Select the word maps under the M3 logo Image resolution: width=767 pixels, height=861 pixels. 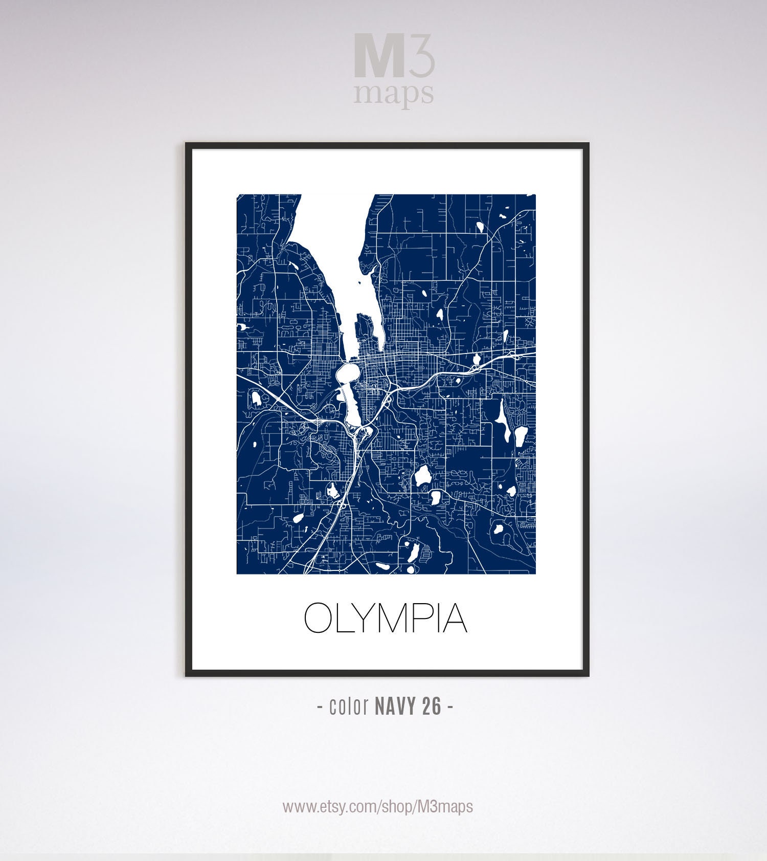coord(394,94)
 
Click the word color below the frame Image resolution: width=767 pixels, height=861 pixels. coord(349,707)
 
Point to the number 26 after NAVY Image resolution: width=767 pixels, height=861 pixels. coord(432,707)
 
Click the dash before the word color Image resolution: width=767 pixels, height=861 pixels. coord(320,707)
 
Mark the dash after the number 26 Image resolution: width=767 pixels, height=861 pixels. coord(450,707)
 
